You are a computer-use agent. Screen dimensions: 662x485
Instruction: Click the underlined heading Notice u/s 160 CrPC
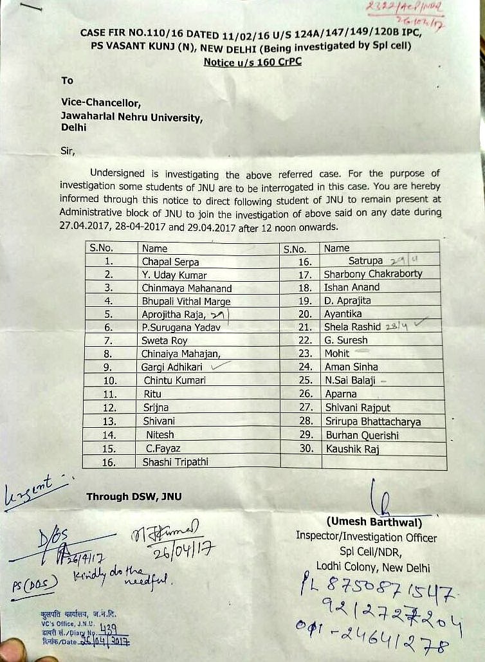click(252, 62)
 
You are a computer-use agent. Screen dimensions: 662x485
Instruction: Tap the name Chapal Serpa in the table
click(170, 262)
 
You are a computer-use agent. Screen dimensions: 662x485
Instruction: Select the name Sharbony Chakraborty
click(373, 274)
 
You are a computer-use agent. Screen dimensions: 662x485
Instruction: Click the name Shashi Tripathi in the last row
click(176, 461)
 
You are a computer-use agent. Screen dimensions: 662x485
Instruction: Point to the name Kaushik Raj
click(352, 449)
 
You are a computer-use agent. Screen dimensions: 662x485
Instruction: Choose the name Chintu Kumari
click(175, 380)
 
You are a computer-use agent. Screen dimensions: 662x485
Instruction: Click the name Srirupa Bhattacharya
click(372, 422)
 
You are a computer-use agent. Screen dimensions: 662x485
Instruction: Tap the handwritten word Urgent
click(35, 494)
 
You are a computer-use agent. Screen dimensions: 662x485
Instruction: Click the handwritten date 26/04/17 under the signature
click(183, 551)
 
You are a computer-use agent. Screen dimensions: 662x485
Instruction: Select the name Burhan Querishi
click(361, 436)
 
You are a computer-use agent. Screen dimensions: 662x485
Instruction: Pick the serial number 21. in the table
click(306, 327)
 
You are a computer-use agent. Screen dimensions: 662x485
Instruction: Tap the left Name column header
click(154, 248)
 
